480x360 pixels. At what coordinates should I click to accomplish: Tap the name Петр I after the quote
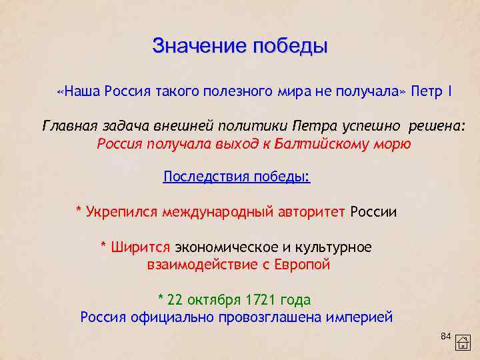coord(432,91)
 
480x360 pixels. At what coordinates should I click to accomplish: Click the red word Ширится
coord(141,247)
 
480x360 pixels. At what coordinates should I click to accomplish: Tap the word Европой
coord(301,265)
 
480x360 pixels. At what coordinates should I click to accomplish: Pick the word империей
coord(359,317)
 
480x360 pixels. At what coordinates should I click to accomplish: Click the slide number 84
coord(446,335)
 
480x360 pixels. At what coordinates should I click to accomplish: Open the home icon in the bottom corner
coord(463,342)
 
